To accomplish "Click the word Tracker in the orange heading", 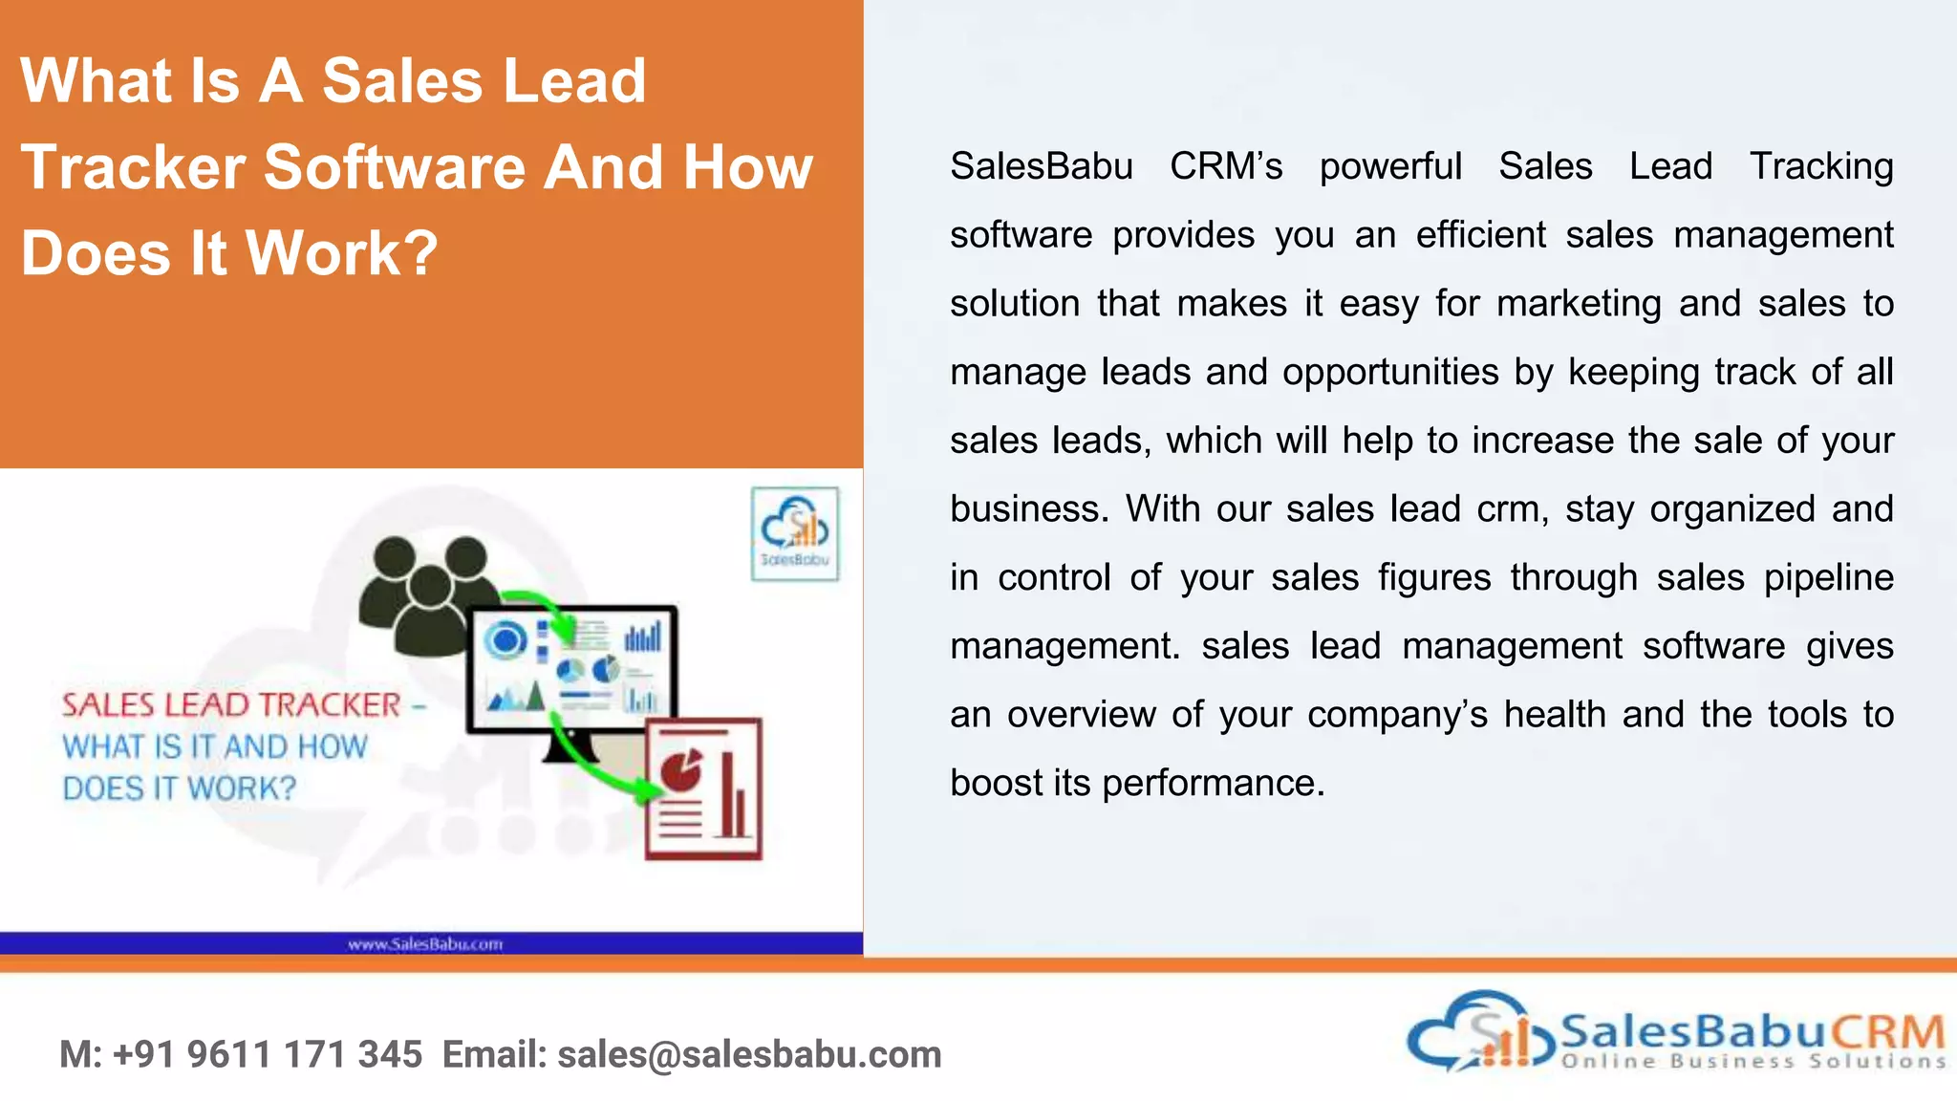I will click(132, 167).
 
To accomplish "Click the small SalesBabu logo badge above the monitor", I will click(795, 534).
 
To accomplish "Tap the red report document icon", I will click(704, 789).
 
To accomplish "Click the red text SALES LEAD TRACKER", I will click(231, 705).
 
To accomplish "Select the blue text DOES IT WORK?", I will click(180, 788).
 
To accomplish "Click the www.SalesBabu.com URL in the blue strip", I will click(425, 944).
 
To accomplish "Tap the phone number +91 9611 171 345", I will click(268, 1054).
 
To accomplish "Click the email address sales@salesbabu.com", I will click(749, 1054).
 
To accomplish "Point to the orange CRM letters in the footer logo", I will click(1887, 1032).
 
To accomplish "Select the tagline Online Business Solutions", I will click(1753, 1061).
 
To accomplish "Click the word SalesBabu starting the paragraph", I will click(1042, 166).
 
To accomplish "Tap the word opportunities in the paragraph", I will click(1390, 372).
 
